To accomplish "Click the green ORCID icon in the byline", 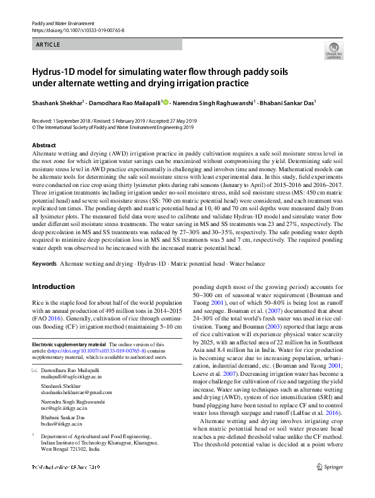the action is pyautogui.click(x=166, y=101).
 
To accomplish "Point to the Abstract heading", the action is pyautogui.click(x=43, y=145).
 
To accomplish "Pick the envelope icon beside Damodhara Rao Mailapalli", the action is pyautogui.click(x=34, y=370).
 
